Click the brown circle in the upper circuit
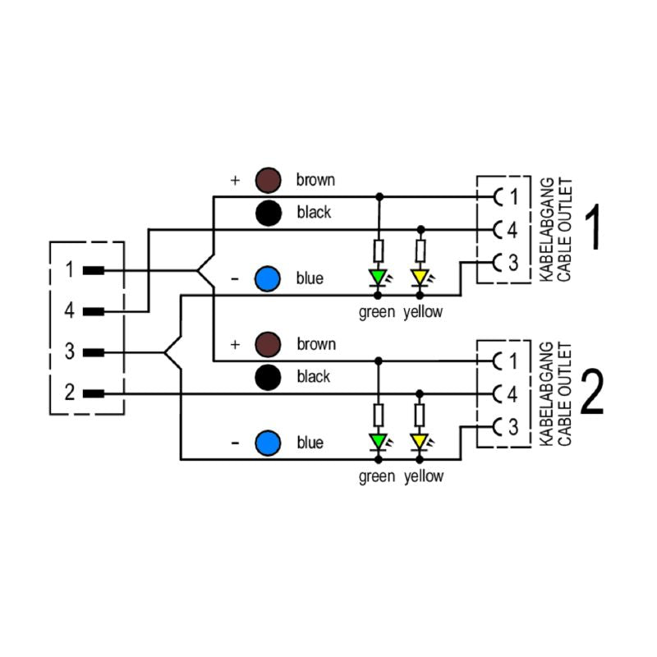(x=268, y=179)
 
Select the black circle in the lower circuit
(x=268, y=377)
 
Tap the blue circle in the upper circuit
(x=268, y=279)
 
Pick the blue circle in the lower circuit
(x=268, y=443)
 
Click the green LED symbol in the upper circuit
(x=379, y=277)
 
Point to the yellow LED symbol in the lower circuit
(x=420, y=441)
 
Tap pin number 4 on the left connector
(x=70, y=311)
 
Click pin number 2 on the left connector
(x=70, y=393)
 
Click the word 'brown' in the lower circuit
(x=315, y=344)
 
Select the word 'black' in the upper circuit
(x=314, y=212)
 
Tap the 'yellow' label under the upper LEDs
(x=423, y=311)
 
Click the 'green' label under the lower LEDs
(x=377, y=476)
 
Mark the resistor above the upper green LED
(x=379, y=250)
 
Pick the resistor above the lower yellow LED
(x=420, y=414)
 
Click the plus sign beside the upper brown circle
(x=235, y=180)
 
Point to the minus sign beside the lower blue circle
(x=235, y=443)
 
